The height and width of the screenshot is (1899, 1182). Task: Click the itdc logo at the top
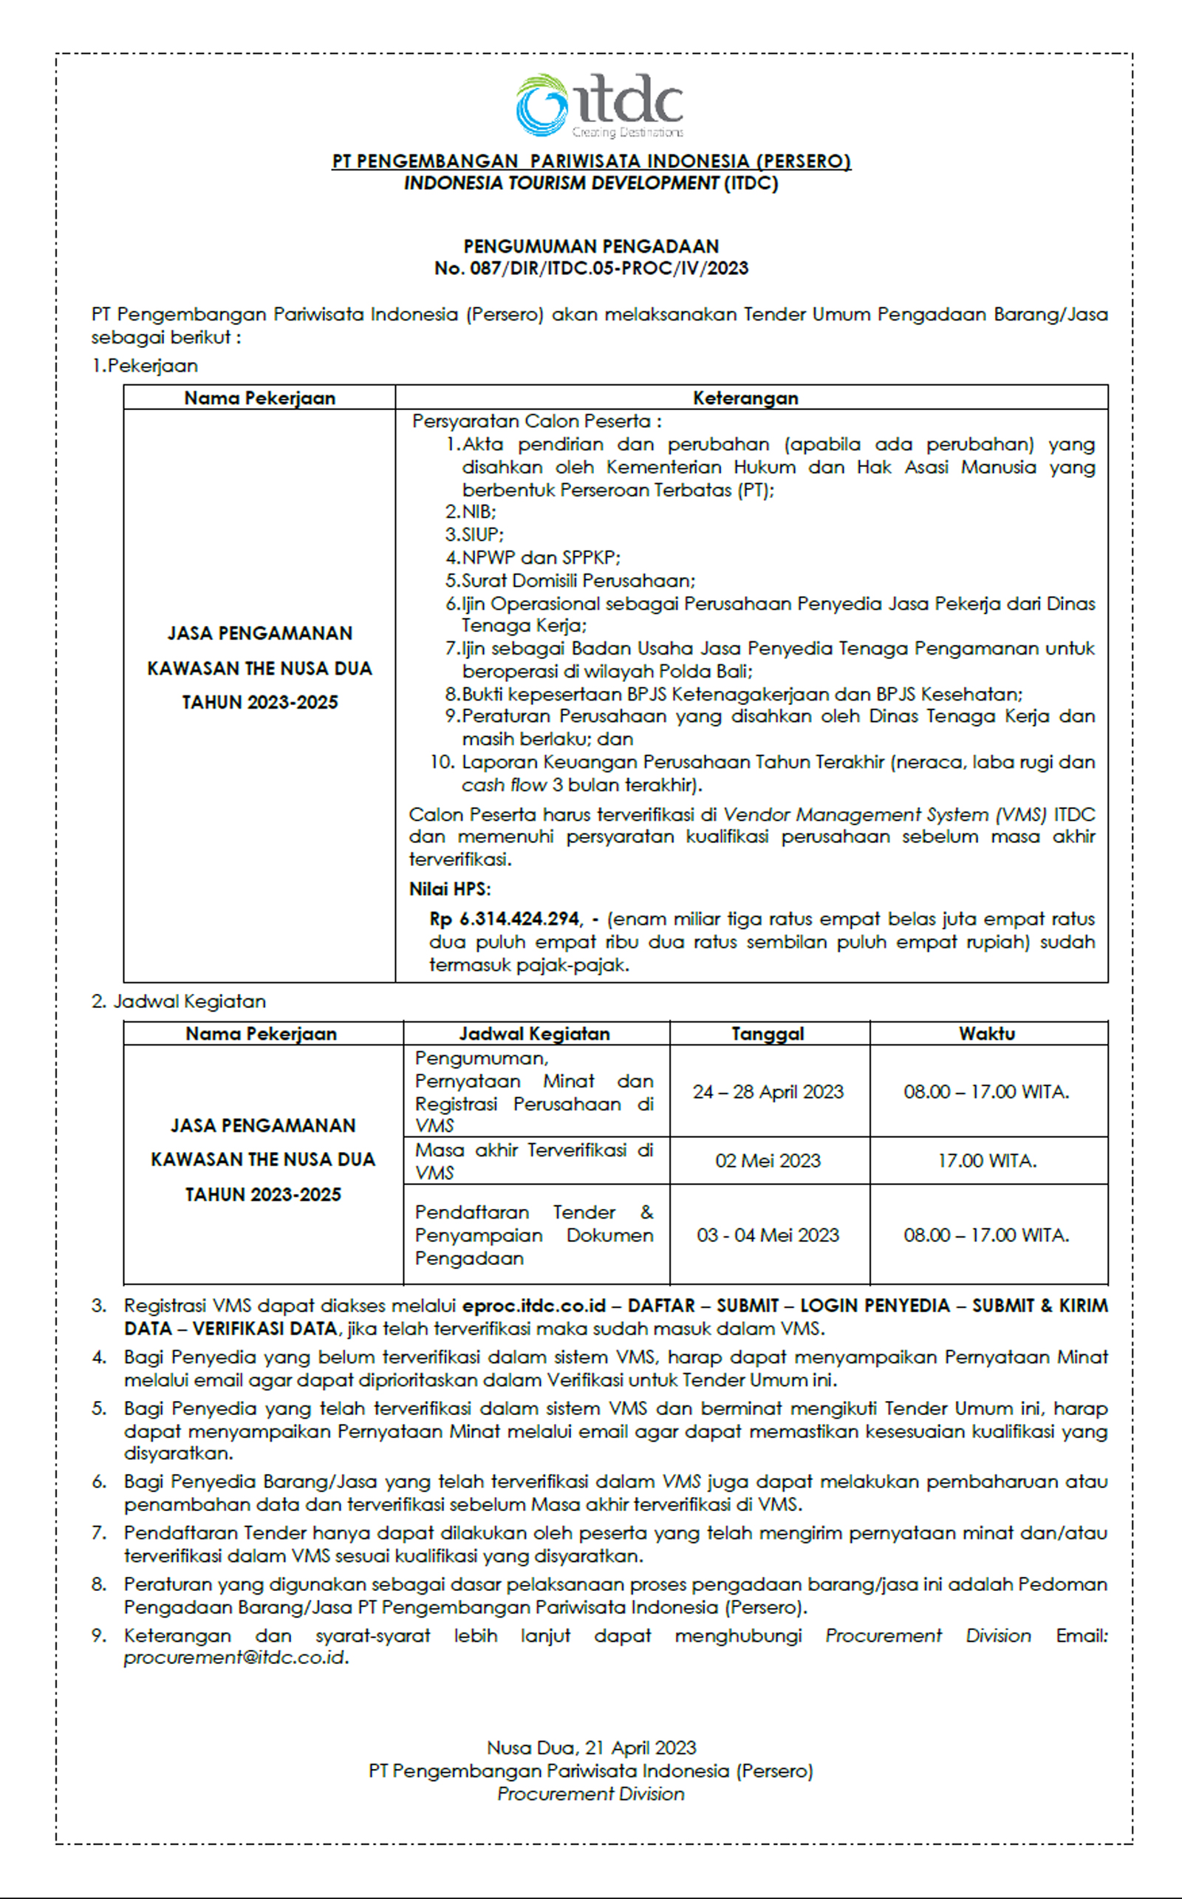(x=599, y=106)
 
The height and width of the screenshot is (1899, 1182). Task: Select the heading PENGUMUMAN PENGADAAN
(x=591, y=246)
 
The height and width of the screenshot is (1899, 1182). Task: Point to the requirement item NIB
(x=479, y=512)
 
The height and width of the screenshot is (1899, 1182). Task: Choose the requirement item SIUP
(x=482, y=535)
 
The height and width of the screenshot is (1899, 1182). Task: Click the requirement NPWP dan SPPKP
(x=540, y=557)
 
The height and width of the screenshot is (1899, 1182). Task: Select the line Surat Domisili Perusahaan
(x=578, y=581)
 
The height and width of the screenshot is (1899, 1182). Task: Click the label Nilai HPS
(x=449, y=889)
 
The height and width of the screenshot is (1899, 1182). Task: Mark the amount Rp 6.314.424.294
(x=505, y=918)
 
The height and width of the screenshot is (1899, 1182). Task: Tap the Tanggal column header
(x=767, y=1034)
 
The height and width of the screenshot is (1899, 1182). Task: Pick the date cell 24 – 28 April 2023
(x=768, y=1091)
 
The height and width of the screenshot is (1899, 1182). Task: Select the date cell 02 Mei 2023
(x=768, y=1160)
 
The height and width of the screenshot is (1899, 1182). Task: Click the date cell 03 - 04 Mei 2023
(x=768, y=1235)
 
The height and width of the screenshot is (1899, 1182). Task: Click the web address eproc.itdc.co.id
(x=534, y=1306)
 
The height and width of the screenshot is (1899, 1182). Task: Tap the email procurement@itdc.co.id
(x=234, y=1657)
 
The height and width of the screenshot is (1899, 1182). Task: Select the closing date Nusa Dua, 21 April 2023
(x=591, y=1748)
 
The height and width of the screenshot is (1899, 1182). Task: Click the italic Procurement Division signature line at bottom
(x=591, y=1793)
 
